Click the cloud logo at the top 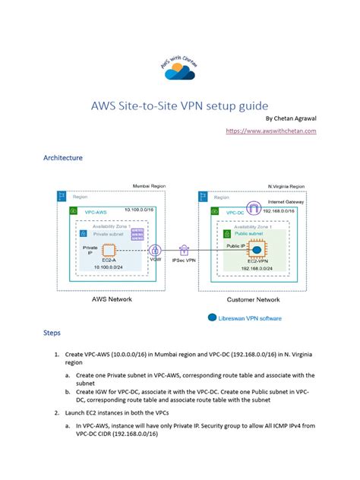(179, 64)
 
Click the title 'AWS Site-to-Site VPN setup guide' (179, 103)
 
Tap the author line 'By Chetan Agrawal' (290, 118)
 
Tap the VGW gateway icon (156, 250)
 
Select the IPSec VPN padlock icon (185, 249)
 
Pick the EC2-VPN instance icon (257, 250)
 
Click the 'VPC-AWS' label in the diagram (94, 210)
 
